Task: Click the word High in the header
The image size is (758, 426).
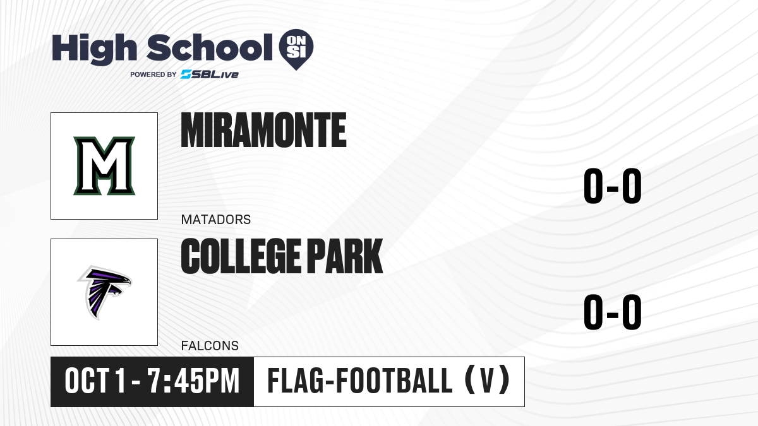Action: coord(94,49)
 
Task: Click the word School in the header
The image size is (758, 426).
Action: coord(209,47)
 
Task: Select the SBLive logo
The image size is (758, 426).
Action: coord(209,74)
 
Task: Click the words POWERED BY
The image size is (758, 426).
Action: coord(153,74)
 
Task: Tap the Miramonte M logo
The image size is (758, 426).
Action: coord(104,165)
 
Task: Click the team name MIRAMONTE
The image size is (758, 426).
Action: coord(263,130)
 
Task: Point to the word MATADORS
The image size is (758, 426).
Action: coord(216,220)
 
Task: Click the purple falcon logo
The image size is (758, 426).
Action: coord(104,292)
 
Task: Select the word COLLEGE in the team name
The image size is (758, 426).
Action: coord(241,256)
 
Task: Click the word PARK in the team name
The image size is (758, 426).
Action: coord(345,256)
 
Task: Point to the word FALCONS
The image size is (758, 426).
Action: coord(210,346)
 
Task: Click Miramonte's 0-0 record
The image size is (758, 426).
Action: coord(613,186)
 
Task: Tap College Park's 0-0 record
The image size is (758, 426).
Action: coord(613,312)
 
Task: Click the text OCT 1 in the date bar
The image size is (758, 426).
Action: coord(95,381)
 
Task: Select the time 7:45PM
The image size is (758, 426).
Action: coord(193,381)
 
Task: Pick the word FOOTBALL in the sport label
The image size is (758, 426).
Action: coord(394,381)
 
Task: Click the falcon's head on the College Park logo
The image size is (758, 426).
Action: coord(122,280)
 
